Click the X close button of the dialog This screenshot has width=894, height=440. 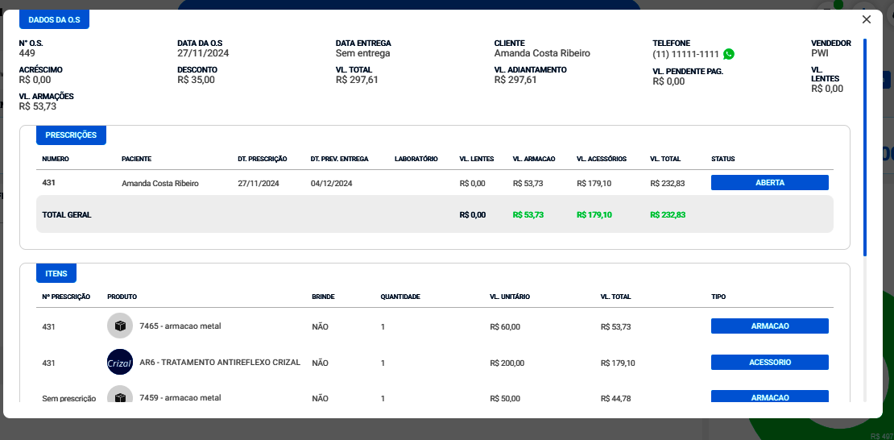click(867, 19)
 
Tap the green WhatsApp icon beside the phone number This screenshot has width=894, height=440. click(729, 54)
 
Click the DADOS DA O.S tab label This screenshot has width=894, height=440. click(54, 19)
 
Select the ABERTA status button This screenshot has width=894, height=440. click(769, 183)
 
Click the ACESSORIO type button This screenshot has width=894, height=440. click(769, 363)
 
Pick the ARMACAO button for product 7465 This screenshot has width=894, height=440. click(769, 326)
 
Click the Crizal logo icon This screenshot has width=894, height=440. click(120, 363)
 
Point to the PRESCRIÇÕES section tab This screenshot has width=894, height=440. click(71, 135)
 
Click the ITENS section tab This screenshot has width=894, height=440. click(56, 274)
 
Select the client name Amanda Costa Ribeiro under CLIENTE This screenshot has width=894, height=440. click(542, 53)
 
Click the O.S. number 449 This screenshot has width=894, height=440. click(27, 53)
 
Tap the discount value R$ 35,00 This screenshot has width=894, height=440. click(196, 80)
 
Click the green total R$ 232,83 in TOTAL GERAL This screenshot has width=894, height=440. click(668, 214)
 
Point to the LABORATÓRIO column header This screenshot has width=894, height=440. click(416, 159)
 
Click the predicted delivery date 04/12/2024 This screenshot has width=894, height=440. click(331, 184)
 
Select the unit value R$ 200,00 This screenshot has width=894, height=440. click(507, 363)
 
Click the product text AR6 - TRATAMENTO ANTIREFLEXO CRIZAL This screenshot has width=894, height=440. click(220, 363)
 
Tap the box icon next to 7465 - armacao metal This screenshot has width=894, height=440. click(120, 326)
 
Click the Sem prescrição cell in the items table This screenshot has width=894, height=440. click(69, 398)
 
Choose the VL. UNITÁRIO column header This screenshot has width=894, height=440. click(510, 297)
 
